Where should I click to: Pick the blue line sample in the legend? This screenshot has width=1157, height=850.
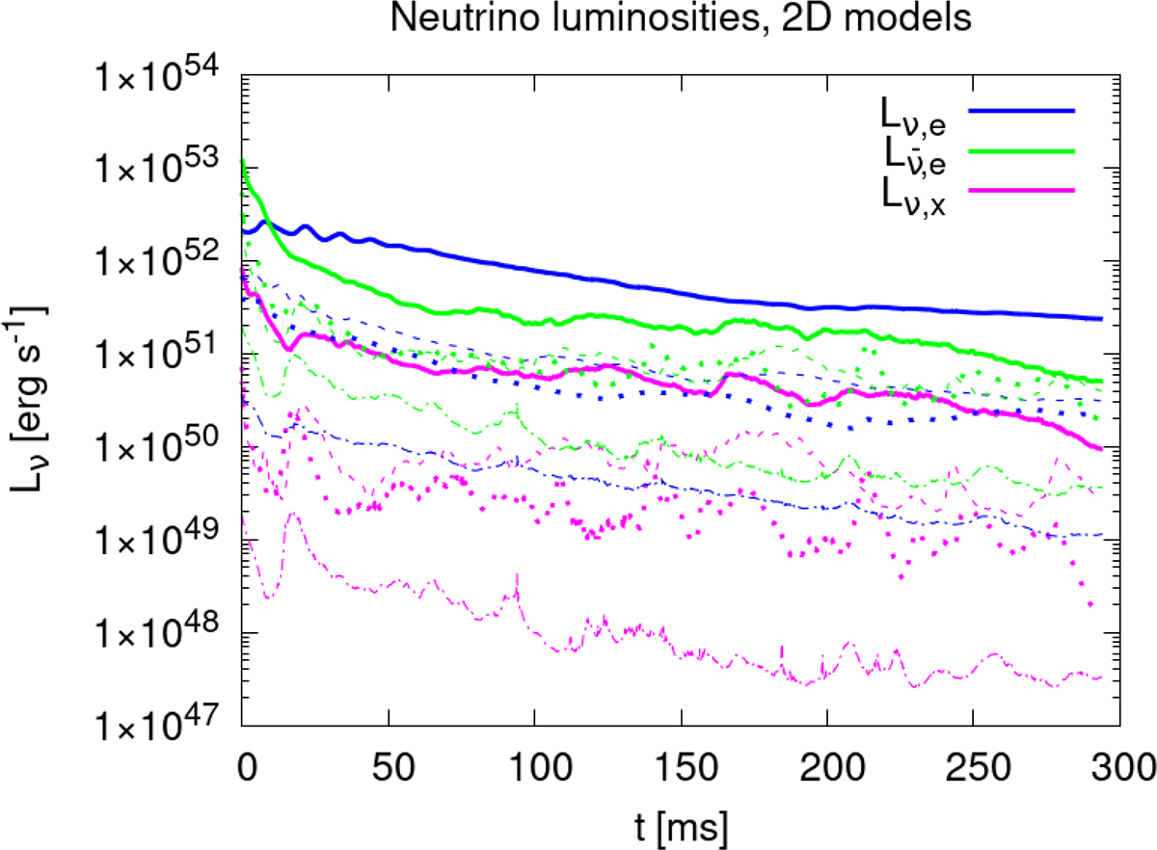tap(1022, 111)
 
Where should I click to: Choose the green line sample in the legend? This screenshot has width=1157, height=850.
tap(1022, 150)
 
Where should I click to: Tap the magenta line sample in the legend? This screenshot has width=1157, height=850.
tap(1022, 191)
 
